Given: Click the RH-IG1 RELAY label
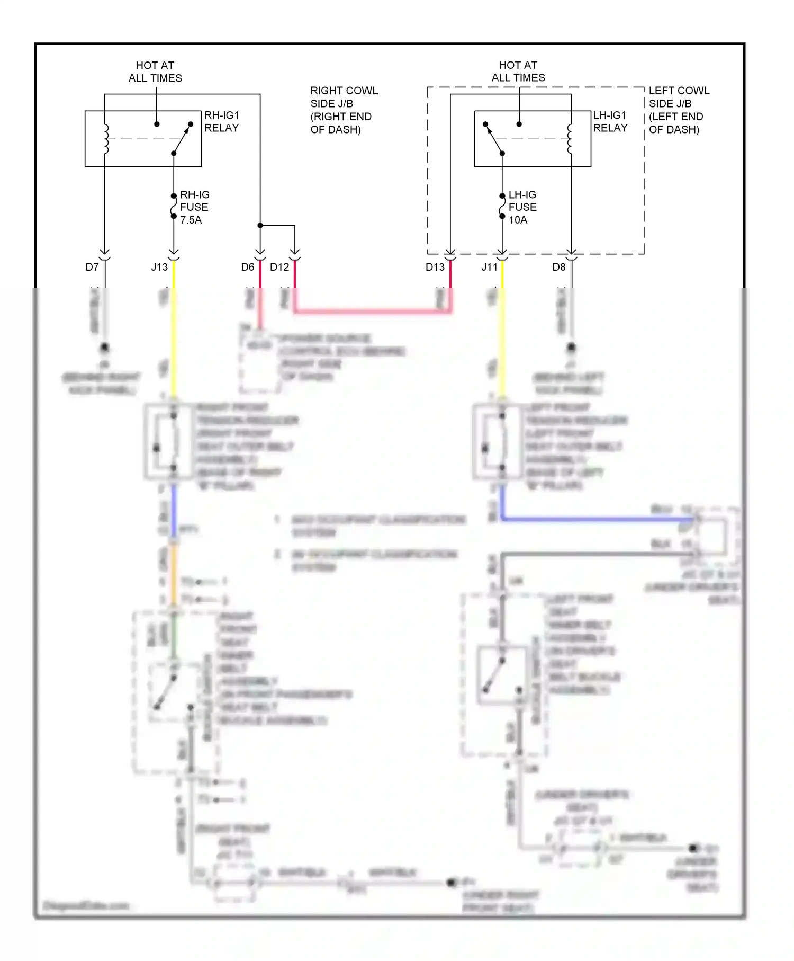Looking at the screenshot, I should point(221,121).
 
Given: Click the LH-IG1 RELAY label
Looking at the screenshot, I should point(610,121).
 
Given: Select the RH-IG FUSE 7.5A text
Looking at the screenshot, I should point(194,207).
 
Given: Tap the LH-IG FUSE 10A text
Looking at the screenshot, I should point(522,207).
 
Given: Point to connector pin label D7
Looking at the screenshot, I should point(92,267).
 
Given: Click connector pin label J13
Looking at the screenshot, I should point(159,267).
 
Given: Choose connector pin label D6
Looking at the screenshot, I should point(247,267).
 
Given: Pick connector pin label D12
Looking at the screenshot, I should point(279,267).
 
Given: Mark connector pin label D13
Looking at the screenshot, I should point(435,267).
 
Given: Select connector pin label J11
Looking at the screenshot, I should point(489,267).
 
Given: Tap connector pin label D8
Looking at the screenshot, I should point(558,267).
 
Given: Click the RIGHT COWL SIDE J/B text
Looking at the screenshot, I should point(343,110).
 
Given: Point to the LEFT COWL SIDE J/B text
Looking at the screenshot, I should point(678,110).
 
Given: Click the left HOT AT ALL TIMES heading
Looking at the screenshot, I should point(155,72).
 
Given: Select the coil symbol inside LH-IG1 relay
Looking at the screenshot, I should point(570,139).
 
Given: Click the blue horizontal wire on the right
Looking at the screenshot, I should point(593,519).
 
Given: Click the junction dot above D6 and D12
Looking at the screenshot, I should point(260,225).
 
